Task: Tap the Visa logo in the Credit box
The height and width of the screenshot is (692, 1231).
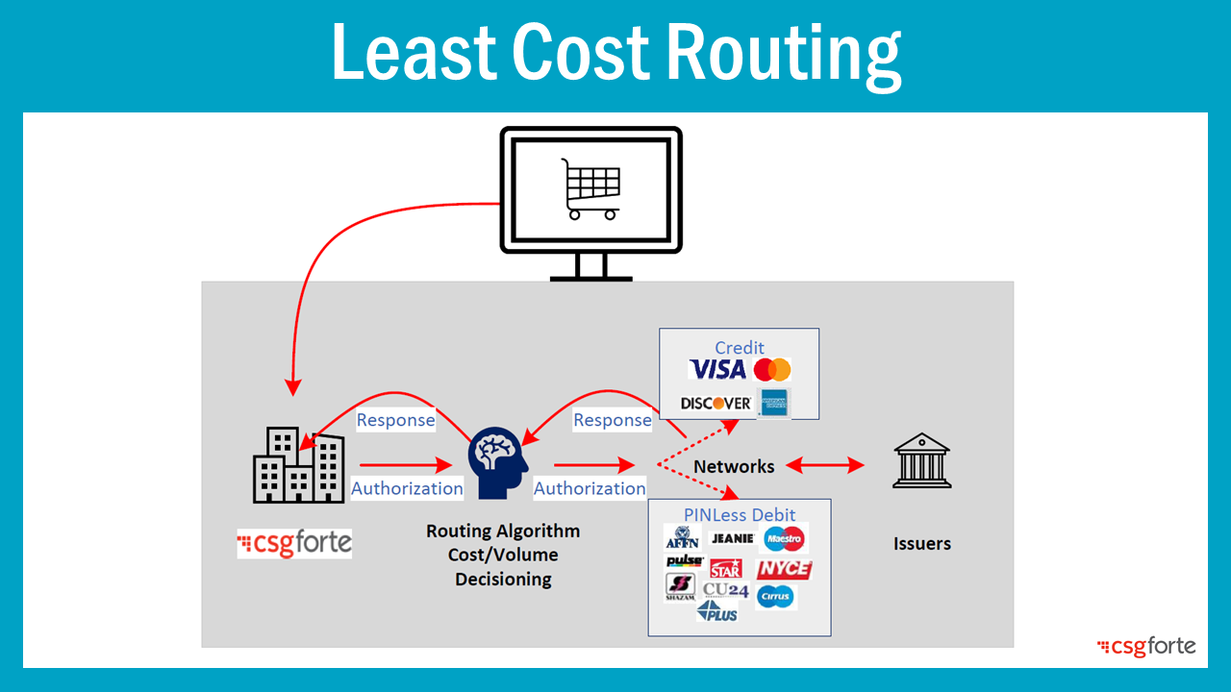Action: point(717,369)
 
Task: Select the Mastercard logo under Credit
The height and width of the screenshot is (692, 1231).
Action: point(772,370)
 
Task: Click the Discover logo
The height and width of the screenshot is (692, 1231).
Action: point(716,403)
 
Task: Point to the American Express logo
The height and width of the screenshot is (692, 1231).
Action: point(773,403)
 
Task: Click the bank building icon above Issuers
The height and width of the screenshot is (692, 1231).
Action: point(921,461)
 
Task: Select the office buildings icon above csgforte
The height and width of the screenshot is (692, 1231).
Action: point(298,466)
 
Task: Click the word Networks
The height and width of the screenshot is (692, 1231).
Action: point(734,466)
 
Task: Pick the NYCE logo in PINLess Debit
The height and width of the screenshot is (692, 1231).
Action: point(784,569)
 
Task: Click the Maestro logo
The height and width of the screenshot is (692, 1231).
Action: point(784,538)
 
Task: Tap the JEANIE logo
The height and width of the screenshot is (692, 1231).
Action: point(731,539)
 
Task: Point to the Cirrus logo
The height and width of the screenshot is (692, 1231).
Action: point(775,596)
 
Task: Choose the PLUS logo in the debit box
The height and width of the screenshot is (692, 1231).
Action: point(717,611)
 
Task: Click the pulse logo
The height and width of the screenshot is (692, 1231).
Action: point(684,561)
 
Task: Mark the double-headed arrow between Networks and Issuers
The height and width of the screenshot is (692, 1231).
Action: point(824,466)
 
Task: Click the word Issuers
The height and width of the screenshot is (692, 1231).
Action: point(921,543)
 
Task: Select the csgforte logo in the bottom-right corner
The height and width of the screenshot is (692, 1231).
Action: point(1146,647)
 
